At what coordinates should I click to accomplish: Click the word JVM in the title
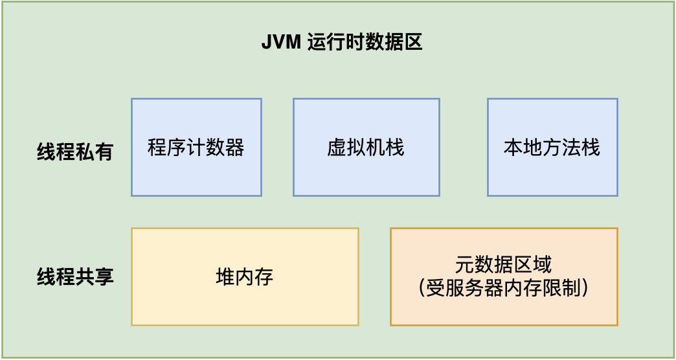(279, 43)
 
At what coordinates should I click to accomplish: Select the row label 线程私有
(75, 152)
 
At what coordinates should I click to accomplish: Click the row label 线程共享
(75, 276)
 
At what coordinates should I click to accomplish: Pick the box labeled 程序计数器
(196, 175)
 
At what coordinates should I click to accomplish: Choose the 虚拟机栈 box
(366, 175)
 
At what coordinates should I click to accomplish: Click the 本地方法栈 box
(552, 175)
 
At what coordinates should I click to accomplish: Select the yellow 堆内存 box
(245, 304)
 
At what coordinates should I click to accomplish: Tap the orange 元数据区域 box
(504, 311)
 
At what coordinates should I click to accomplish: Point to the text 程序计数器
(196, 148)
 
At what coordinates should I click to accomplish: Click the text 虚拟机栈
(366, 148)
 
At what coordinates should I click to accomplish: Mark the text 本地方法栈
(552, 148)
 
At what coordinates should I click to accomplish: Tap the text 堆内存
(245, 277)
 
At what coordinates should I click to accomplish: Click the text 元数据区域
(504, 265)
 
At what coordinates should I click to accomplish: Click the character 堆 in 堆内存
(225, 277)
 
